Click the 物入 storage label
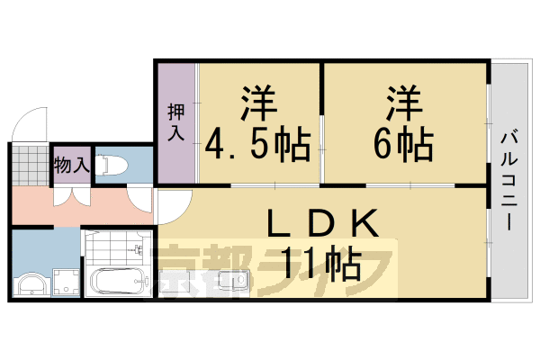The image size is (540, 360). pyautogui.click(x=71, y=165)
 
